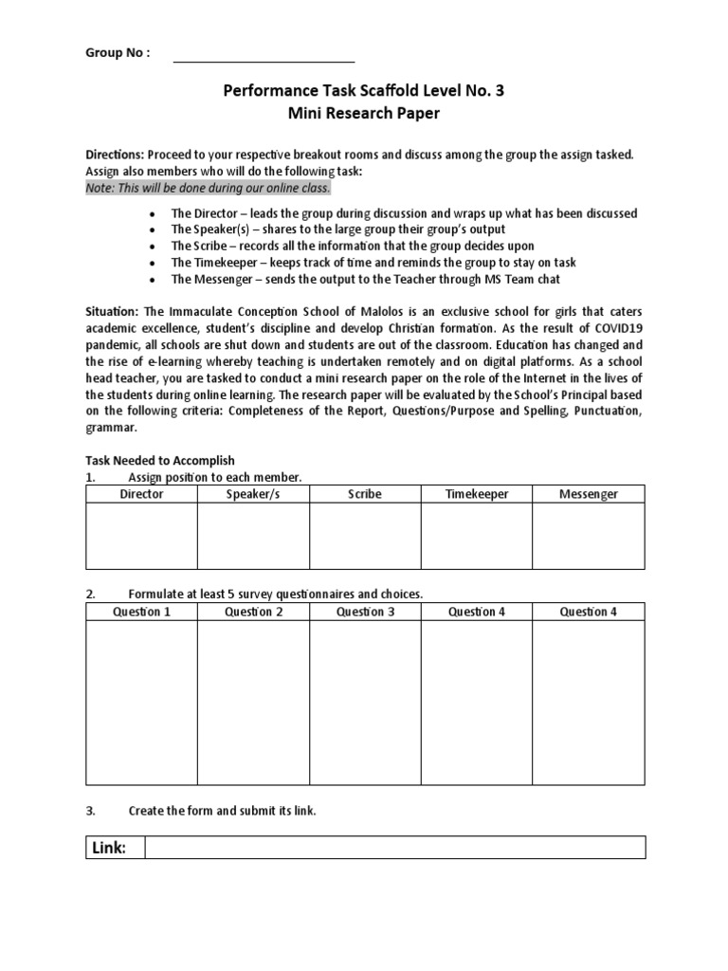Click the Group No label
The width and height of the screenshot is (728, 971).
(x=118, y=53)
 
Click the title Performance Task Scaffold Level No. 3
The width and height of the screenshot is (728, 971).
(x=364, y=92)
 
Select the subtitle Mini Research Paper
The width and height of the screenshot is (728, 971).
(x=364, y=115)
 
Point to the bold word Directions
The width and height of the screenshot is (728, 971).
(x=115, y=155)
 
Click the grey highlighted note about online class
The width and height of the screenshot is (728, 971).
(x=208, y=188)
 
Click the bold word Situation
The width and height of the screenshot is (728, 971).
(x=113, y=311)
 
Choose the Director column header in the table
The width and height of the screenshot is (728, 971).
(x=141, y=494)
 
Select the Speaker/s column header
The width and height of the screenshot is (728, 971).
(x=253, y=494)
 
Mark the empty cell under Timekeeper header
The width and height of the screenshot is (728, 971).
(x=476, y=536)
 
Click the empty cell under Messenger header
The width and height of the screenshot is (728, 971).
(x=588, y=536)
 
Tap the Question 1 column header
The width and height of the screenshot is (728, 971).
(x=141, y=612)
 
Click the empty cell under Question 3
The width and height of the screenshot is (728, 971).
(x=365, y=703)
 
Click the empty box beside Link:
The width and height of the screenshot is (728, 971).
(x=393, y=847)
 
